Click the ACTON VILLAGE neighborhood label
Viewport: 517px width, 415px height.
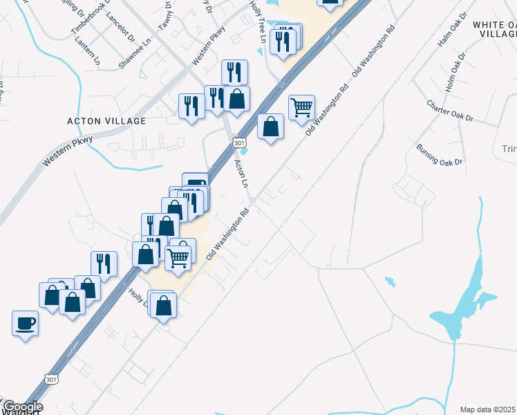(x=106, y=121)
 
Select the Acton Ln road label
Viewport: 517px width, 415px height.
(x=241, y=174)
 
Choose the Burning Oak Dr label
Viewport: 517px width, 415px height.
(x=438, y=154)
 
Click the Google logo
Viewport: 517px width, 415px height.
(x=22, y=407)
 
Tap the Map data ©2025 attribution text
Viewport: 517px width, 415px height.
(x=488, y=409)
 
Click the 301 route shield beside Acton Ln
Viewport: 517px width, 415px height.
(x=238, y=142)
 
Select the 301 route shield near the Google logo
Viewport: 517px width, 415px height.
(x=50, y=379)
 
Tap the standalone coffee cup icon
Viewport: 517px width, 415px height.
(x=25, y=323)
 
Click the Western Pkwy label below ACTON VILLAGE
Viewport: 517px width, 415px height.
(x=67, y=149)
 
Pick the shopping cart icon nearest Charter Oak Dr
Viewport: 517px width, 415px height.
(x=301, y=107)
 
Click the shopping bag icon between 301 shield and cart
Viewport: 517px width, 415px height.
(x=270, y=127)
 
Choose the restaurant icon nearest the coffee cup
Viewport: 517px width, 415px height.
(x=103, y=264)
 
